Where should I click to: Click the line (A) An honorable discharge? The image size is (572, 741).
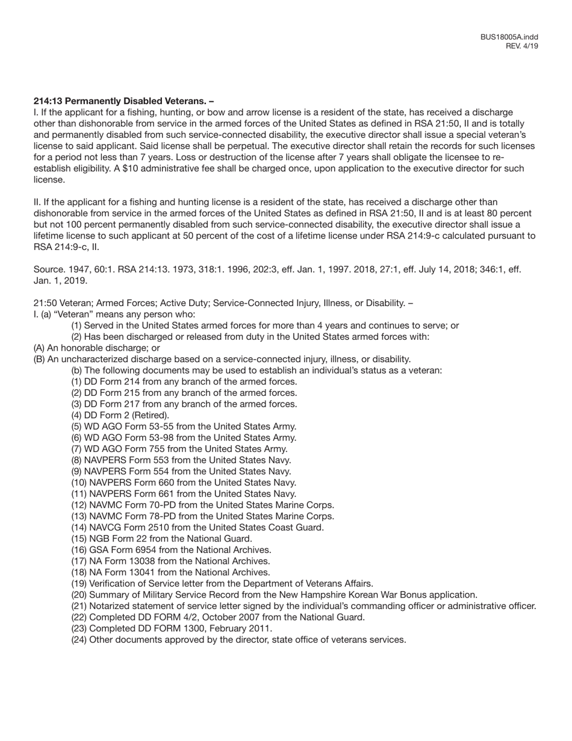click(96, 348)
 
